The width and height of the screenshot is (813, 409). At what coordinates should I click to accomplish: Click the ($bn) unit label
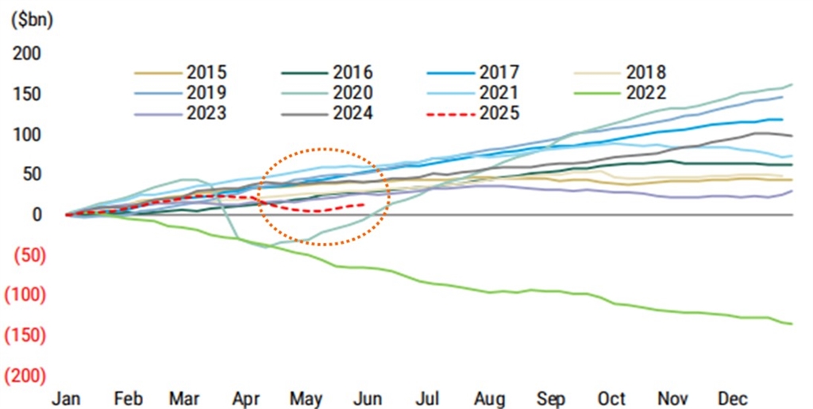(32, 21)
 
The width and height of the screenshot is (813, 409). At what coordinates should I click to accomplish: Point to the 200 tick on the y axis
(29, 54)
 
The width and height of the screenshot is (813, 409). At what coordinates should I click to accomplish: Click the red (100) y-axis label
(27, 295)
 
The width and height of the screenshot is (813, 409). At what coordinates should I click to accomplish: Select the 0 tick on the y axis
(37, 214)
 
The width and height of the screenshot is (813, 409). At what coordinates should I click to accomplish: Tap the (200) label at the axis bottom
(27, 376)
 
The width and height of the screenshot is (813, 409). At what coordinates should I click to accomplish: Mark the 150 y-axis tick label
(29, 95)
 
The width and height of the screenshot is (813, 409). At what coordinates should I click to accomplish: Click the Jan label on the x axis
(66, 398)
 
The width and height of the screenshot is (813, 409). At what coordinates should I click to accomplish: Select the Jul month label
(429, 398)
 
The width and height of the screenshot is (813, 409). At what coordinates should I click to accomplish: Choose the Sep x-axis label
(550, 398)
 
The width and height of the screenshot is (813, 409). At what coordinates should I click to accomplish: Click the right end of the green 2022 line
(792, 323)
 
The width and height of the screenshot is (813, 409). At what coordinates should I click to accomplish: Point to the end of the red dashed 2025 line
(364, 204)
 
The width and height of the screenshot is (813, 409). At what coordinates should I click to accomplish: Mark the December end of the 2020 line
(792, 84)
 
